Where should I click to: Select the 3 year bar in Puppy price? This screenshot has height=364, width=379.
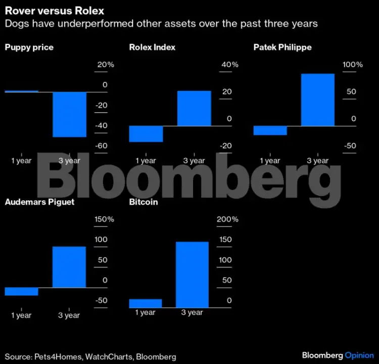click(70, 114)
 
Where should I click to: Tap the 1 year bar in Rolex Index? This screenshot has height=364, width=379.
click(146, 134)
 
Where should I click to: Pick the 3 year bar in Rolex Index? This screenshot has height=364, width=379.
click(194, 108)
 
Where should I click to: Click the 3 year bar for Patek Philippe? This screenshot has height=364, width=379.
click(318, 100)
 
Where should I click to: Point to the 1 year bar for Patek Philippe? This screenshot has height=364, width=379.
click(270, 130)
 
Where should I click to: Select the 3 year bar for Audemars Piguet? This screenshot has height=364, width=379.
click(69, 267)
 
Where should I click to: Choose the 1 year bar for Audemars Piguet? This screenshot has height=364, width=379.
click(21, 291)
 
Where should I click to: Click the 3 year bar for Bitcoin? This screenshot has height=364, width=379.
click(192, 275)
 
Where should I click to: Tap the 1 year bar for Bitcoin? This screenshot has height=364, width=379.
click(146, 303)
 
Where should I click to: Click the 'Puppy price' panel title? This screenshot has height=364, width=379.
click(29, 48)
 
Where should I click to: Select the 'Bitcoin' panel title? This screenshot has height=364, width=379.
click(144, 202)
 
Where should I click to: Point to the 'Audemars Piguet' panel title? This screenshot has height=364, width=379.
click(39, 202)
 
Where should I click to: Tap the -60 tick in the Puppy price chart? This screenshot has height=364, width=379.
click(102, 146)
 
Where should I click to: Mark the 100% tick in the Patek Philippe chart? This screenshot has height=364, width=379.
click(353, 65)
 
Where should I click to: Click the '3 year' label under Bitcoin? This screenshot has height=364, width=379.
click(192, 312)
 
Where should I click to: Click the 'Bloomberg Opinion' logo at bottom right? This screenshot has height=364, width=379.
click(338, 355)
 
